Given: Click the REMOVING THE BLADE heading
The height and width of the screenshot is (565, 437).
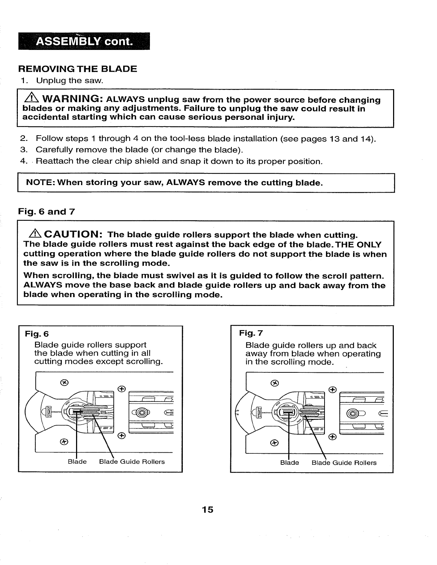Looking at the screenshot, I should click(77, 69).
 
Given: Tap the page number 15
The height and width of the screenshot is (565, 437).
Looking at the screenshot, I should click(207, 509).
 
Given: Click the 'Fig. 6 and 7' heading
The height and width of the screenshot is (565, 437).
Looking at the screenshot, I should click(47, 212).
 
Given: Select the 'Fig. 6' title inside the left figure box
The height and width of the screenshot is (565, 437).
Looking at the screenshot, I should click(36, 334).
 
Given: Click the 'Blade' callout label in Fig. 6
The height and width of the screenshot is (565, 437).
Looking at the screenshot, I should click(77, 462).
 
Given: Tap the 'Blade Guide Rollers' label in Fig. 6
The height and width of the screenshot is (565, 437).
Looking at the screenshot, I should click(132, 462).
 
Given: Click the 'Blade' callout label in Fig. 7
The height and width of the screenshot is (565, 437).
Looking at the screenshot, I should click(290, 463).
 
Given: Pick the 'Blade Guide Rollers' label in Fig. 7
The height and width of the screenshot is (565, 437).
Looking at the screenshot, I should click(344, 463).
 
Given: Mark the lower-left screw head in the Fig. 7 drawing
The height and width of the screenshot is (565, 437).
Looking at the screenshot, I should click(274, 442).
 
